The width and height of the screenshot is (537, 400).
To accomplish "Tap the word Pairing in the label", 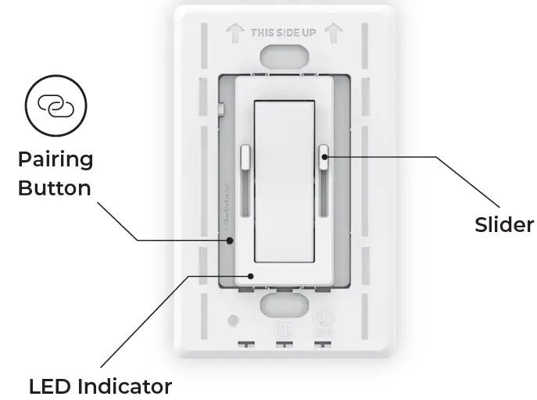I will coord(55,160).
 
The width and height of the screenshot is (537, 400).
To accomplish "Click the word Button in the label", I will coord(55,188).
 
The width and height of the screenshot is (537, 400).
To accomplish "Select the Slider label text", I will coord(504,225).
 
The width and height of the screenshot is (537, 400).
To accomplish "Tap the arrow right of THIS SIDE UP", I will coord(334,32).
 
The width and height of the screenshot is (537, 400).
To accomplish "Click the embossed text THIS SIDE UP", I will coord(284,33).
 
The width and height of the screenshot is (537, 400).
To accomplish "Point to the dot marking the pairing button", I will coord(231,240).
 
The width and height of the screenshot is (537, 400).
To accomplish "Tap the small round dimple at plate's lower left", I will coord(232,320).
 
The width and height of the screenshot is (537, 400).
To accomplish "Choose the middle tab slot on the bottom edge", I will coord(285,343).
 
